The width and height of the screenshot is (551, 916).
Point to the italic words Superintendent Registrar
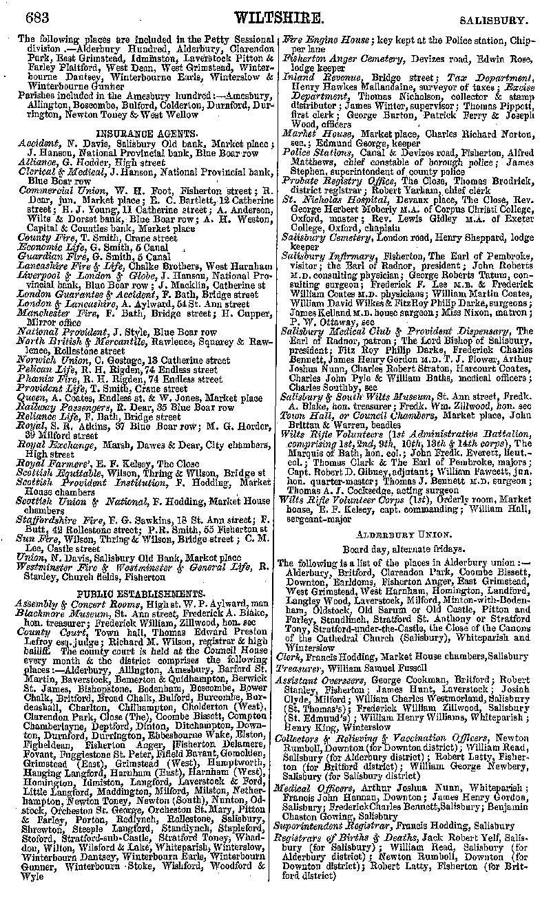[x=331, y=826]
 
